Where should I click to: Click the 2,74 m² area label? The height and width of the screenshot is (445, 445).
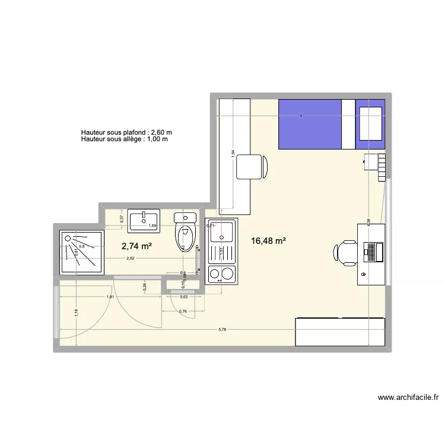click(137, 246)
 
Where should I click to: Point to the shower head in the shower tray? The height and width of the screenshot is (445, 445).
click(69, 239)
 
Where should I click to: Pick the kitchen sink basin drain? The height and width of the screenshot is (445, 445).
click(223, 238)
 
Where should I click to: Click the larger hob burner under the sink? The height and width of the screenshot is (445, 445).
click(227, 274)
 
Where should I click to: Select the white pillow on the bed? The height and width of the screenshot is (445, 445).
click(370, 123)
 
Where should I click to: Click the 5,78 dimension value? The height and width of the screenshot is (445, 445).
click(223, 329)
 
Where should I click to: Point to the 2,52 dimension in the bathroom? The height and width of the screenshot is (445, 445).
click(129, 258)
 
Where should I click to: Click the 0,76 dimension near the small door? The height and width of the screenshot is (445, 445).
click(183, 311)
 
